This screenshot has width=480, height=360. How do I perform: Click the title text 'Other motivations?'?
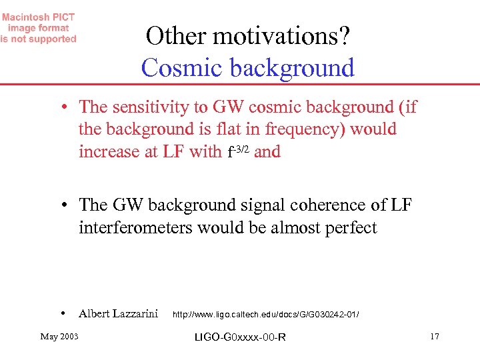[248, 37]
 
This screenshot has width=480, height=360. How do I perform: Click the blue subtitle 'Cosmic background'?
[248, 68]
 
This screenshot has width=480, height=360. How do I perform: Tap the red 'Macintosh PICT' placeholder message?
[39, 28]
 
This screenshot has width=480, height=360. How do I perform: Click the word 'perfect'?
[351, 228]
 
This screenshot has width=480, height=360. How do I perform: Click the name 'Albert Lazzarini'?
[118, 313]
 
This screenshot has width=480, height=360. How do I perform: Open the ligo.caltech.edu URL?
[266, 314]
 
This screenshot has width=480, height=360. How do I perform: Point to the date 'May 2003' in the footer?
[59, 336]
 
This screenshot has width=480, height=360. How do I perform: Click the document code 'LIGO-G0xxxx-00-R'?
[240, 337]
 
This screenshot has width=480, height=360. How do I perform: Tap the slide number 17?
[435, 336]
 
